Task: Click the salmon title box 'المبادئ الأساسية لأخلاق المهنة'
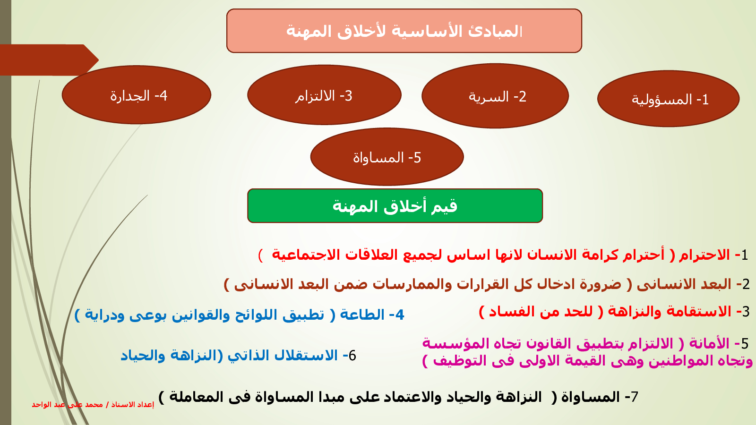pyautogui.click(x=404, y=31)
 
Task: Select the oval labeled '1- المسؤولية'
pyautogui.click(x=668, y=99)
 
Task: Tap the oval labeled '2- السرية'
pyautogui.click(x=495, y=96)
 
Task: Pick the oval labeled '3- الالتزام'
pyautogui.click(x=324, y=95)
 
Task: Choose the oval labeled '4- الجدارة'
pyautogui.click(x=137, y=95)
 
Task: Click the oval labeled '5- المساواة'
pyautogui.click(x=387, y=157)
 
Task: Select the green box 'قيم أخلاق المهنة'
pyautogui.click(x=395, y=206)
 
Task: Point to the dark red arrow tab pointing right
pyautogui.click(x=49, y=60)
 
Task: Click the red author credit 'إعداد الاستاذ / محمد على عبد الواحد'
pyautogui.click(x=93, y=404)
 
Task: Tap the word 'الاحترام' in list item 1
pyautogui.click(x=704, y=255)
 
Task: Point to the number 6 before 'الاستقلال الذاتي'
pyautogui.click(x=352, y=356)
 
